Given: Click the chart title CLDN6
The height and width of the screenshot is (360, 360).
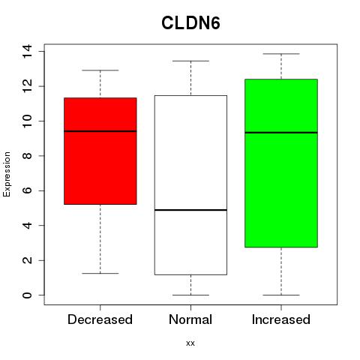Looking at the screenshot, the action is [190, 23].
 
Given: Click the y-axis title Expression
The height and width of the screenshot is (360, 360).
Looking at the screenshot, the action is [7, 174].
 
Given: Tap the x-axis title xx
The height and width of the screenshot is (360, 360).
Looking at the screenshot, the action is [190, 343].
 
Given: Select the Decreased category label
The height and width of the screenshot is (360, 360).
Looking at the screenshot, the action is [100, 319].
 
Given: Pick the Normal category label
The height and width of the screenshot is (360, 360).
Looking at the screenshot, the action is [190, 319].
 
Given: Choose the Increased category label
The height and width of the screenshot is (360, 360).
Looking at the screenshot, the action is [281, 319].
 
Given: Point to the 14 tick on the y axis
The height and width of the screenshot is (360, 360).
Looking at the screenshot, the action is [27, 52].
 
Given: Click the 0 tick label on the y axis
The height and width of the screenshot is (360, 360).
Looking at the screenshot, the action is [27, 295].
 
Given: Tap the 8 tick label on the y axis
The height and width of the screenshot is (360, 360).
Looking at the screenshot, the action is [27, 156].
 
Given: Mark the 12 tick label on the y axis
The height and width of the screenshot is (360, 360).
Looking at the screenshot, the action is [27, 86].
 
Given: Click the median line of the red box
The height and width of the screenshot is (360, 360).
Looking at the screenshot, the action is [100, 131].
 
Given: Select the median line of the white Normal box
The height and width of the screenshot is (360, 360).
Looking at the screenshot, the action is [190, 210].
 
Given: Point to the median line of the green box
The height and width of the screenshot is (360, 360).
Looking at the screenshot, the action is [281, 133].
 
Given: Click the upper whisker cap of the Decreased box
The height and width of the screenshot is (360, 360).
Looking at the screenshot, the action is [100, 70].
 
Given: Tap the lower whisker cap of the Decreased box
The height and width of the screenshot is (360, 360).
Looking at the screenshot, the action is [100, 273].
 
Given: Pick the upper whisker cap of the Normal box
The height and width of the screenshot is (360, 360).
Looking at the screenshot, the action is [190, 61].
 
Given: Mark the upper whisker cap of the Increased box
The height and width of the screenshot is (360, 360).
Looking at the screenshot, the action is [281, 54].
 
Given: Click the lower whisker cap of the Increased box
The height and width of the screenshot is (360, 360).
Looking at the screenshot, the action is [281, 295].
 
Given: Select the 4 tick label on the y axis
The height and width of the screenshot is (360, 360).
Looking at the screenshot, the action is [27, 226].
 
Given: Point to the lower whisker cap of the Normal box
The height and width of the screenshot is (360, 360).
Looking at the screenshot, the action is [190, 295].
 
